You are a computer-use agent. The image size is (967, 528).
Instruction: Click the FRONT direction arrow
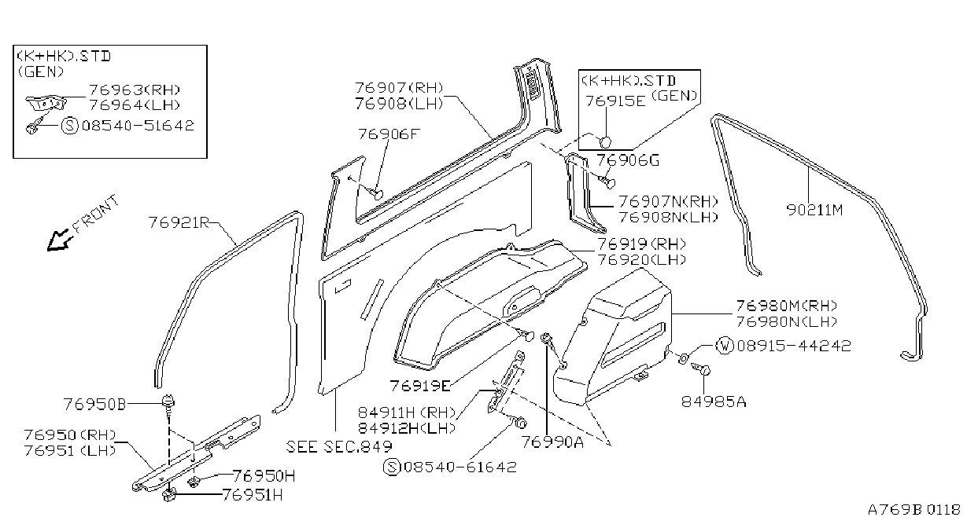[x=59, y=240]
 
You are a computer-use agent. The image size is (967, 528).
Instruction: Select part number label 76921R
[x=179, y=223]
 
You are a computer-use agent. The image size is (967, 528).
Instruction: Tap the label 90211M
[x=814, y=210]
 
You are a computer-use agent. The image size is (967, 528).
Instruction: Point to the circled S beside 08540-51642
[x=70, y=126]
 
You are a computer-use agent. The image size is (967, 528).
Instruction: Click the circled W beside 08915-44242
[x=725, y=346]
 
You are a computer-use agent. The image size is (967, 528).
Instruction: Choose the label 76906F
[x=389, y=134]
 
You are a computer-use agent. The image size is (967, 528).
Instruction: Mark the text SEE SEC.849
[x=339, y=446]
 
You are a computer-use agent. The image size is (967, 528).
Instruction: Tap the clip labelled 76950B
[x=168, y=403]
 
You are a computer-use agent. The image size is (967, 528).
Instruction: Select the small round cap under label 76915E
[x=605, y=142]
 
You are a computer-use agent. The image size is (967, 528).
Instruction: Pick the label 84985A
[x=714, y=401]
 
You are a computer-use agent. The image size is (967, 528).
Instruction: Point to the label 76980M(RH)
[x=787, y=306]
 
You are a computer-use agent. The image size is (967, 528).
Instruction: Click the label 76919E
[x=420, y=385]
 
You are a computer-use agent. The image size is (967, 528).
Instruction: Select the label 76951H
[x=253, y=495]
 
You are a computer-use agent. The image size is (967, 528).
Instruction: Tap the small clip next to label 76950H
[x=193, y=482]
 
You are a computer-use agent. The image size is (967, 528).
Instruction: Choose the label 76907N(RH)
[x=668, y=201]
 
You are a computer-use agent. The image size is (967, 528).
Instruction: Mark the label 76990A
[x=552, y=442]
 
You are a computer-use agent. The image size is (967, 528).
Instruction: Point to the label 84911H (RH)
[x=407, y=412]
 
